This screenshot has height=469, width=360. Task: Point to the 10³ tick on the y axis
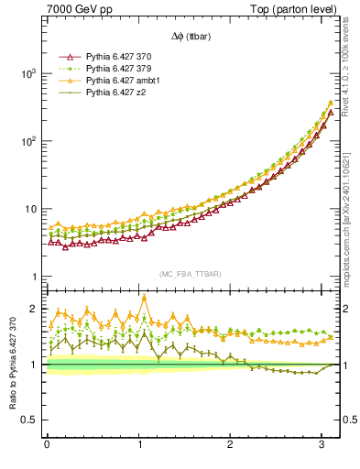(x=29, y=73)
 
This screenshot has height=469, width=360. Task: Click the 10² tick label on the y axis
(x=29, y=141)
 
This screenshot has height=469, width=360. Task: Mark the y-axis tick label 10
(x=31, y=209)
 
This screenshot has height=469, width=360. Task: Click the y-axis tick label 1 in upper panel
(x=35, y=277)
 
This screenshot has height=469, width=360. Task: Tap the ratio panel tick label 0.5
(x=31, y=420)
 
